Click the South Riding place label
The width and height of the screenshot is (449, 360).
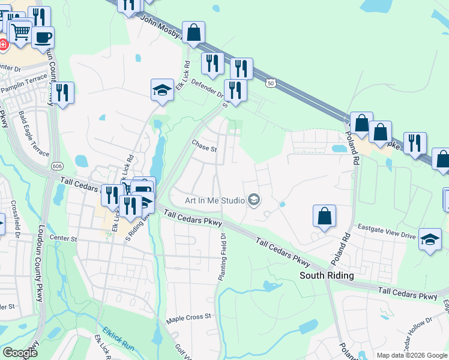tap(327, 275)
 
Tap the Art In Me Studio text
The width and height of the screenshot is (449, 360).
tap(214, 200)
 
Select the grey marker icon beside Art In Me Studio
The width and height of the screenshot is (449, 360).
tap(254, 200)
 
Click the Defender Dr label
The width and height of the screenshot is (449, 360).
tap(207, 89)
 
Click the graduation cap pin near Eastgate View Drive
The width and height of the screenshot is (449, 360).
tap(430, 240)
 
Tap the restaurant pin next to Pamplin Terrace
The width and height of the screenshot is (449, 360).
tap(62, 92)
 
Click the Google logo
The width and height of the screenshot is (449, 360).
tap(20, 353)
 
